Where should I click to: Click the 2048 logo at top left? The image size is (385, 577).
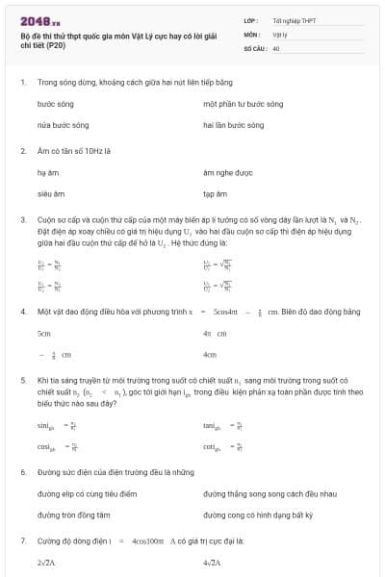[40, 20]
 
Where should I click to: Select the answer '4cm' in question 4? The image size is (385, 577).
[210, 355]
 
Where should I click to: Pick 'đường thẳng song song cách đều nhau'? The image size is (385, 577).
[269, 493]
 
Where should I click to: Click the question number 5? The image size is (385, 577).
[23, 381]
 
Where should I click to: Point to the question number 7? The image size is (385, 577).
[23, 541]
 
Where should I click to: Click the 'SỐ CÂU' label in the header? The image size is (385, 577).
[254, 46]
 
